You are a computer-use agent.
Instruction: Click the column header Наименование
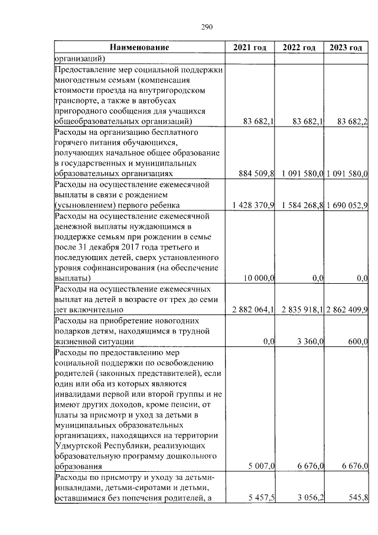click(139, 47)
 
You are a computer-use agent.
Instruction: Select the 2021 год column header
click(250, 47)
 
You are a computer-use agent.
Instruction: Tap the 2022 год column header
click(299, 47)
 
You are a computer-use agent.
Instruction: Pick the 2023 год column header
click(346, 47)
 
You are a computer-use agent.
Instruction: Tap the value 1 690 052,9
click(347, 206)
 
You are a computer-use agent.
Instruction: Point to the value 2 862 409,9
click(347, 310)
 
